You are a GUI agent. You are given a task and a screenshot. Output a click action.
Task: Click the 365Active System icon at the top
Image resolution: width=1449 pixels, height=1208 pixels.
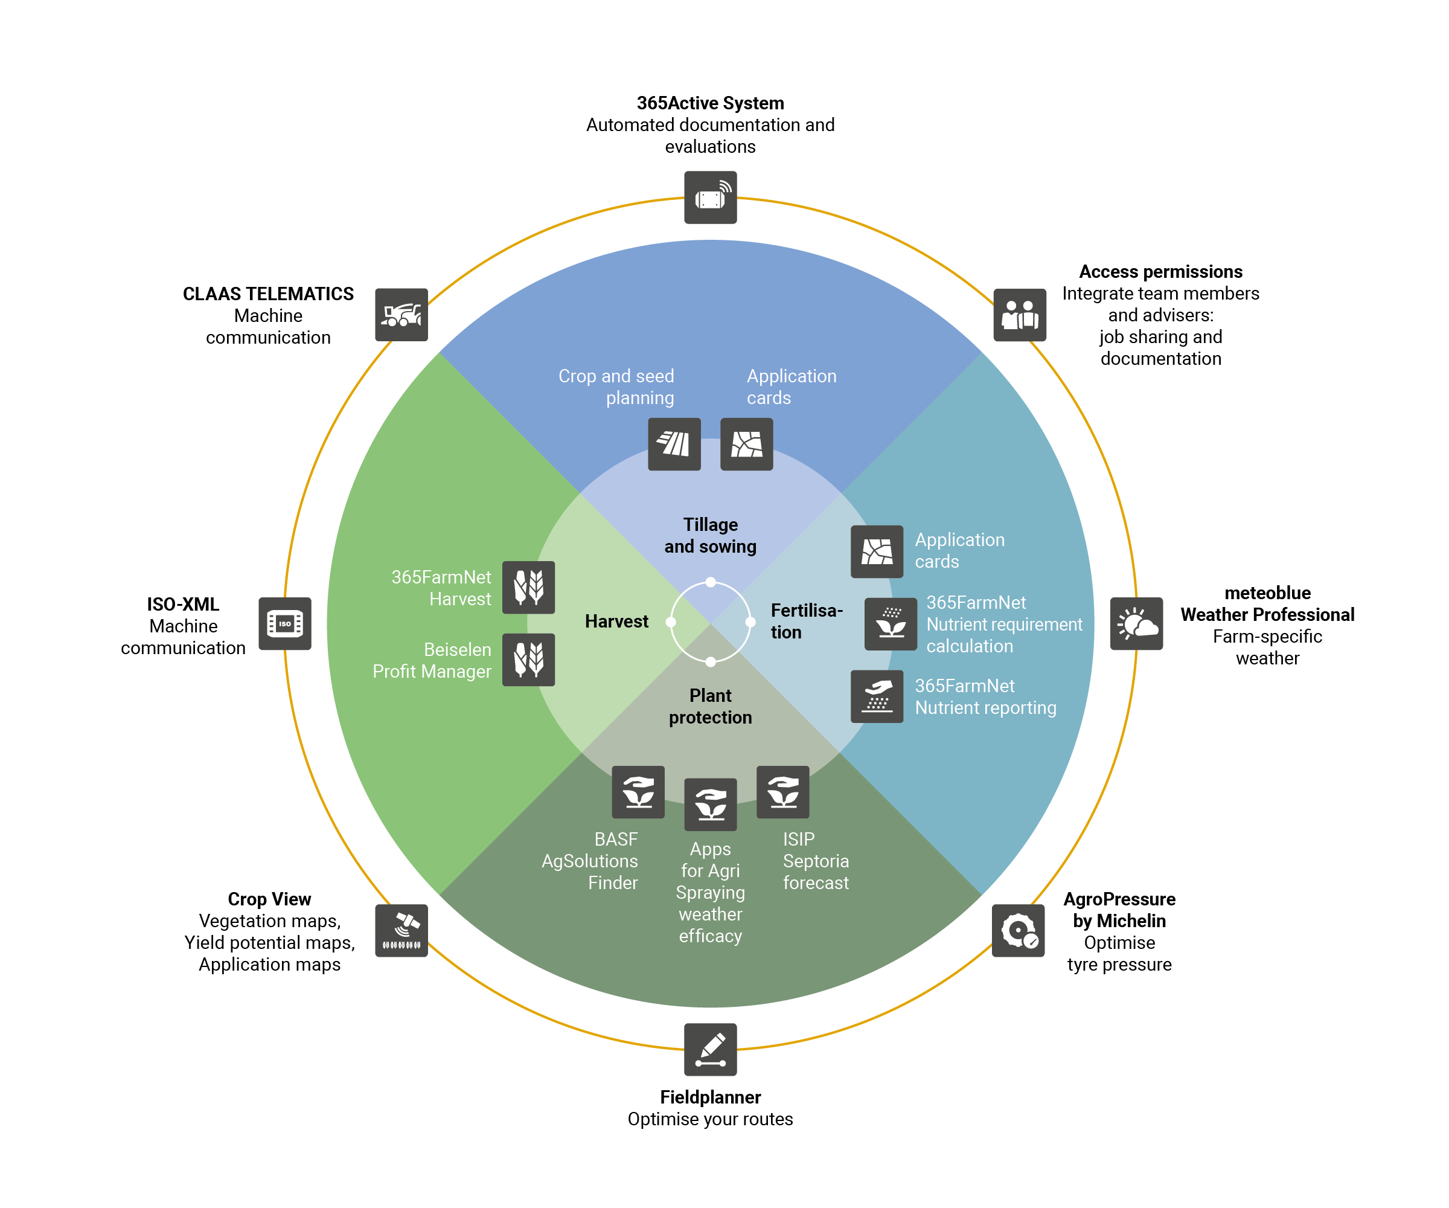710,198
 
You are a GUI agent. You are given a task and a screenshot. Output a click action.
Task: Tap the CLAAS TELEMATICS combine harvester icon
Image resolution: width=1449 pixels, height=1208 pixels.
401,315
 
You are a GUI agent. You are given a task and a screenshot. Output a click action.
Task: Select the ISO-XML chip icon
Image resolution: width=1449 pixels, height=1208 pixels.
284,623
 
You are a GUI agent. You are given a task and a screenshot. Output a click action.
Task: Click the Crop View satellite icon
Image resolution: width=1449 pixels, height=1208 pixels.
401,931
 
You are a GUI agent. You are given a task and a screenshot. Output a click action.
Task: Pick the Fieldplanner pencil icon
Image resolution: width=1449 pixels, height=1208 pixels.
710,1049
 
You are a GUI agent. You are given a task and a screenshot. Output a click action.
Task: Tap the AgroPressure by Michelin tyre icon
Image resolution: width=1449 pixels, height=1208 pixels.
1019,931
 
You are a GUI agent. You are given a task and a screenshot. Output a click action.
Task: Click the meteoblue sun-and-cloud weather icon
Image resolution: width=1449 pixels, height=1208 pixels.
1136,623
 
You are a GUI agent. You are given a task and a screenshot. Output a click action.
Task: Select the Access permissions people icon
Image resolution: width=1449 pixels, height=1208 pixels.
1019,315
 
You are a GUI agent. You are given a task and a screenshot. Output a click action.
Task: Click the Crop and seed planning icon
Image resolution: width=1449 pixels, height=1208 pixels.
674,444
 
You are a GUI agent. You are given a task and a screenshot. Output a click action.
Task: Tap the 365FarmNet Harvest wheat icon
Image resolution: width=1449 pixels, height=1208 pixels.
528,588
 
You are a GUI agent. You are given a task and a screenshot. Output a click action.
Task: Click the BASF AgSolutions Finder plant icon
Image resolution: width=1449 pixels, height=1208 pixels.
638,792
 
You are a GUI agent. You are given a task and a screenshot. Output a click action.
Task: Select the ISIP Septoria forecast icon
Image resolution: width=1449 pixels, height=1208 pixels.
782,792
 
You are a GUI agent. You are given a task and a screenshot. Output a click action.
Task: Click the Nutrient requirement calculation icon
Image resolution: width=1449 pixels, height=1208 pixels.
890,623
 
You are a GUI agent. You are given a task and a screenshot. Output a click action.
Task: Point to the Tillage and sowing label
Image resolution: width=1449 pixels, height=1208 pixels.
710,535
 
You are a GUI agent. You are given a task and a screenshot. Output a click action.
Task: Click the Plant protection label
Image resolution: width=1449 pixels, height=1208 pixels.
710,706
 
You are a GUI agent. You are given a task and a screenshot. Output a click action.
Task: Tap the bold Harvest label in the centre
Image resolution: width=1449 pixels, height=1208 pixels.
616,622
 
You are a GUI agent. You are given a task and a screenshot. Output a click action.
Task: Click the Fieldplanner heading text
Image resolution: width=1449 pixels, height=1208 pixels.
710,1097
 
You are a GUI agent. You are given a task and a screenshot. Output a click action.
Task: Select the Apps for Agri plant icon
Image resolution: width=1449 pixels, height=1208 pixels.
710,804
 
